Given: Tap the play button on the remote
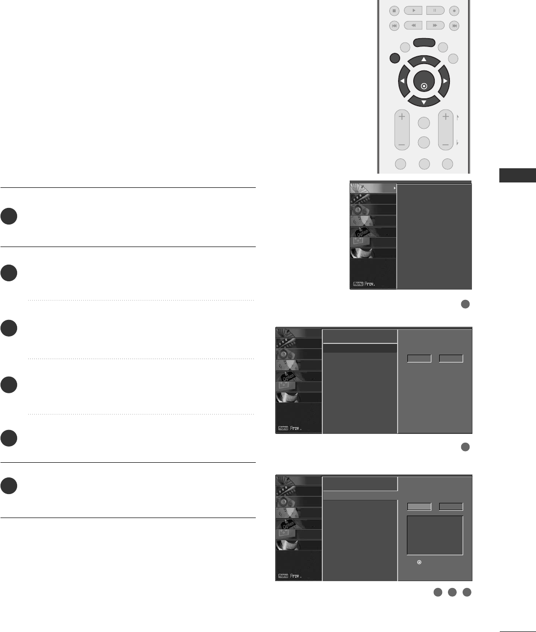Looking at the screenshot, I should pos(413,11).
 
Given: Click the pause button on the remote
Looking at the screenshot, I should pos(435,11).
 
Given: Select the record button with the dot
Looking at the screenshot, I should pos(454,11).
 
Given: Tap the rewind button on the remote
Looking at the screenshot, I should pos(413,25).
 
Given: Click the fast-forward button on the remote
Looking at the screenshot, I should pos(435,25).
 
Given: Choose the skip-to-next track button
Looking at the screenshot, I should pos(454,25).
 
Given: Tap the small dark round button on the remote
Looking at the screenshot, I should pos(395,58).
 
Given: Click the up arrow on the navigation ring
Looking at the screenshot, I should pos(424,60).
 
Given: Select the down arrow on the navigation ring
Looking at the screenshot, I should pos(424,102).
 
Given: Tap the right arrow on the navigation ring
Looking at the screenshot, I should pos(445,81).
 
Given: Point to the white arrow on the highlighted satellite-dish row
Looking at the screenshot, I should pos(394,188).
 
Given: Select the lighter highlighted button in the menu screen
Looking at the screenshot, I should pos(419,507).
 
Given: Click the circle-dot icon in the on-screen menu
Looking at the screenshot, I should pos(419,563).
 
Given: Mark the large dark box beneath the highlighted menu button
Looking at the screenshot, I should pos(435,535).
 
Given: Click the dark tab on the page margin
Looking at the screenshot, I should pos(517,175).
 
